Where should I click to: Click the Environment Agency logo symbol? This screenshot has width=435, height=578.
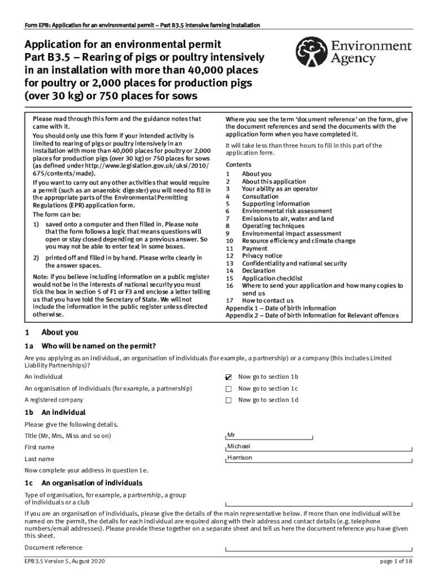tap(315, 53)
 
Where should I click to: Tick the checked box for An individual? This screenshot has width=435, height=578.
tap(229, 376)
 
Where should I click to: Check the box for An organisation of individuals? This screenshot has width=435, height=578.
tap(229, 389)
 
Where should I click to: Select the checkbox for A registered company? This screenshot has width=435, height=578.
tap(229, 400)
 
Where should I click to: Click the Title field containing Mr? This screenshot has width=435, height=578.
tap(268, 435)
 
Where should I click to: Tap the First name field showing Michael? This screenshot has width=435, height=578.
tap(319, 446)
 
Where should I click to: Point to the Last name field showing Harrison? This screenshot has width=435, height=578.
tap(319, 458)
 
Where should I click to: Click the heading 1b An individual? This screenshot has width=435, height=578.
tap(55, 413)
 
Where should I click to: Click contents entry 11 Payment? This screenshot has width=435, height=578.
tap(255, 248)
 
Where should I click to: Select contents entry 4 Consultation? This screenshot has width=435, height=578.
tap(260, 196)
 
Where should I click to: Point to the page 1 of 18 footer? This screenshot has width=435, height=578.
tap(397, 562)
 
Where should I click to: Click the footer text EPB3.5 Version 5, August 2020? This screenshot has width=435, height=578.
tap(64, 562)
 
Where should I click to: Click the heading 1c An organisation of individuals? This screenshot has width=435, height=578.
tap(84, 483)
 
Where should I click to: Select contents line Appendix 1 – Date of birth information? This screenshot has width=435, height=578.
tap(281, 308)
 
